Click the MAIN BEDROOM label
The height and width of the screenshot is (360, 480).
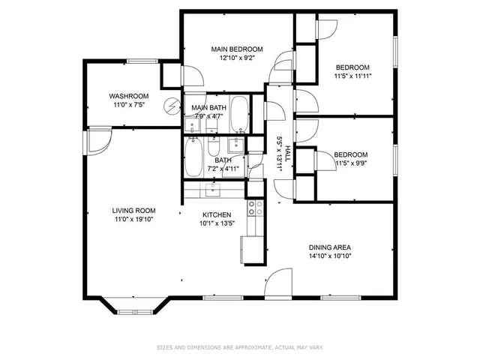tap(236, 49)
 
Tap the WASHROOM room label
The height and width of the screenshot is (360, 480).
tap(128, 96)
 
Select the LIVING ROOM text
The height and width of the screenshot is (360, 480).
tap(133, 211)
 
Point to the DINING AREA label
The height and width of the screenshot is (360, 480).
tap(330, 247)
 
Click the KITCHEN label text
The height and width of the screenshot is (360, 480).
tap(214, 214)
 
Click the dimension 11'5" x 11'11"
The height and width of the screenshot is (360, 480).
tap(352, 76)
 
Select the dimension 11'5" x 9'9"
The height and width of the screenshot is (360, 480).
tap(350, 163)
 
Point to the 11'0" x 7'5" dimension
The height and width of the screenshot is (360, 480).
tap(128, 106)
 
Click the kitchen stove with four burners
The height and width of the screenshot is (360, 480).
tap(255, 208)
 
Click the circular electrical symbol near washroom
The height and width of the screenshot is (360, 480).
tap(173, 106)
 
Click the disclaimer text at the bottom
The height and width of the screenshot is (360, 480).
tap(239, 347)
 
